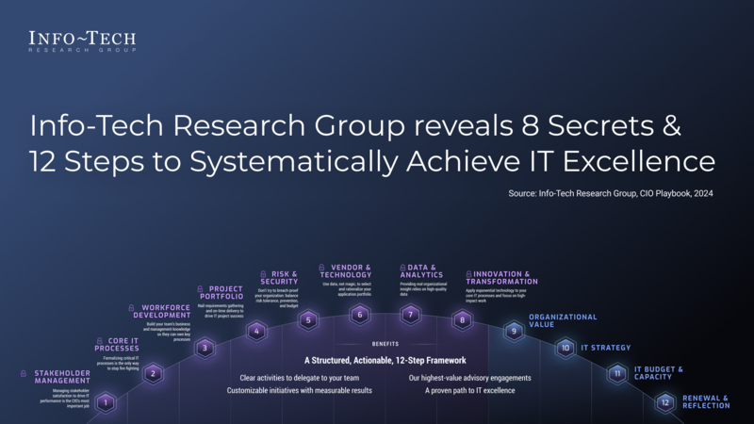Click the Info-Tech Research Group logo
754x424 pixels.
(x=82, y=42)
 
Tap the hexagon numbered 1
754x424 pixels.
(x=107, y=404)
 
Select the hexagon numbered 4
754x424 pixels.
(x=256, y=331)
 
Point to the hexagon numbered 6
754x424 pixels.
(x=359, y=315)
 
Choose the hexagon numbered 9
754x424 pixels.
(x=514, y=331)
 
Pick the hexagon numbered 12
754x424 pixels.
(x=665, y=403)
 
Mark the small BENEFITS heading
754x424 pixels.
(x=385, y=344)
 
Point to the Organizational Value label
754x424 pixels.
(x=563, y=320)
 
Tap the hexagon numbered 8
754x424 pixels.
(x=462, y=320)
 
